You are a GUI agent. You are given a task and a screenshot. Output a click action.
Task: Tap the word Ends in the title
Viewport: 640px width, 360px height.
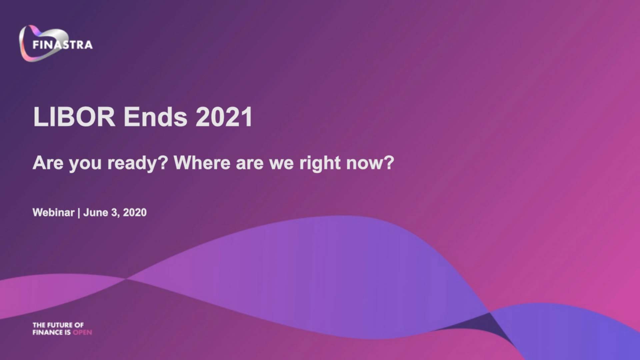click(156, 117)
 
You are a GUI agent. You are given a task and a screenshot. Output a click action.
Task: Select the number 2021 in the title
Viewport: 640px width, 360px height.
click(224, 117)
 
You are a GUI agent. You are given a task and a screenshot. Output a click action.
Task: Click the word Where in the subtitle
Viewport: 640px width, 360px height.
click(202, 163)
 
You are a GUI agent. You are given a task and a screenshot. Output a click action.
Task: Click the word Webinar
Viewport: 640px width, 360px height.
click(53, 212)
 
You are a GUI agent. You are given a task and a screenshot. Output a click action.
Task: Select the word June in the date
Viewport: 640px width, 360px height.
click(96, 212)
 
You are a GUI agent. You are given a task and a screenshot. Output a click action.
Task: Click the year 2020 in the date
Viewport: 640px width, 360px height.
click(135, 212)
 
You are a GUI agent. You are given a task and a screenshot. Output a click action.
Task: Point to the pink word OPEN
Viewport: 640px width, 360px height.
click(82, 332)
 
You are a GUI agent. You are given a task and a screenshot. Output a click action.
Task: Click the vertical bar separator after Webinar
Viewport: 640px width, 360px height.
click(79, 213)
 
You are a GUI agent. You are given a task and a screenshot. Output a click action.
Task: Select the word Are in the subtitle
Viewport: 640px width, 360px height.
click(48, 163)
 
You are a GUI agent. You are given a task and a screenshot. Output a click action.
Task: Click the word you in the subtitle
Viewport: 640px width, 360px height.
click(85, 164)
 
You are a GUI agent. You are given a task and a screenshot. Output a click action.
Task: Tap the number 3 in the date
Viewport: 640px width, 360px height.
click(114, 212)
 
